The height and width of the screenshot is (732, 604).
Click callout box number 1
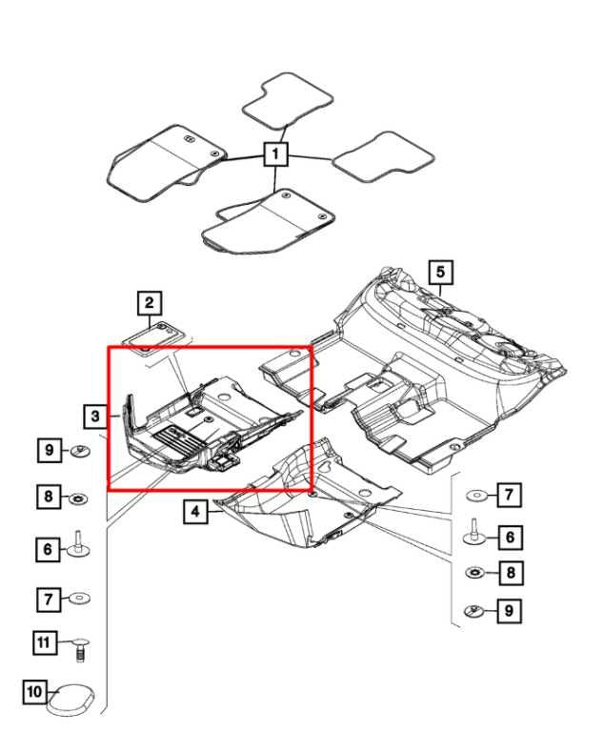pyautogui.click(x=275, y=154)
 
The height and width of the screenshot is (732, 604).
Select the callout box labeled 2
pyautogui.click(x=150, y=303)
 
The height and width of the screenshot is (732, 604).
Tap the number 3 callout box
pyautogui.click(x=95, y=416)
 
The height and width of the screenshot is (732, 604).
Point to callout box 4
pyautogui.click(x=195, y=512)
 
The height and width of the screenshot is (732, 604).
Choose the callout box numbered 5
pyautogui.click(x=441, y=273)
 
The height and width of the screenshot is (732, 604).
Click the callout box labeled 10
pyautogui.click(x=35, y=691)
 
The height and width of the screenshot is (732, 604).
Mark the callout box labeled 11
pyautogui.click(x=45, y=642)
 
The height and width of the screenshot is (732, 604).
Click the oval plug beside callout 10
pyautogui.click(x=70, y=700)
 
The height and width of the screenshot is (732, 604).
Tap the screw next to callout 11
pyautogui.click(x=80, y=649)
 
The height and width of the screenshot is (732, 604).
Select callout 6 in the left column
pyautogui.click(x=48, y=549)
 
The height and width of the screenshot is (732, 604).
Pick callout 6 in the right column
pyautogui.click(x=510, y=538)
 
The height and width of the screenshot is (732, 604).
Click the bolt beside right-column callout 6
pyautogui.click(x=475, y=533)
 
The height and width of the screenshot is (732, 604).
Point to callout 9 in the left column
pyautogui.click(x=50, y=451)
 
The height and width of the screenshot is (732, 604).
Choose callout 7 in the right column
pyautogui.click(x=510, y=495)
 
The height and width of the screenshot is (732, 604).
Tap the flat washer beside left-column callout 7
pyautogui.click(x=79, y=599)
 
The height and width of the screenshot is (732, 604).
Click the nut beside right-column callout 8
pyautogui.click(x=476, y=572)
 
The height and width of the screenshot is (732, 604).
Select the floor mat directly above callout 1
pyautogui.click(x=287, y=100)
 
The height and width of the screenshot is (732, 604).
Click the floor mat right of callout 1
pyautogui.click(x=383, y=159)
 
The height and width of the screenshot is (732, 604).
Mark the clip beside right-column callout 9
pyautogui.click(x=475, y=610)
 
